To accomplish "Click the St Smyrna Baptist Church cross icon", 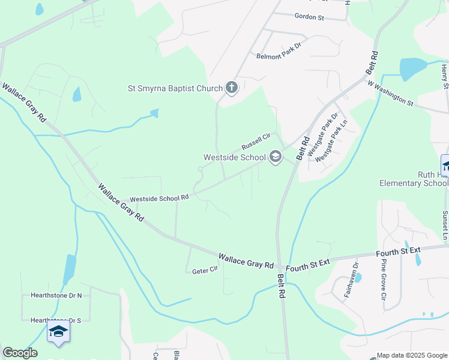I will (x=231, y=88).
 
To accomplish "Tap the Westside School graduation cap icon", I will (x=276, y=157).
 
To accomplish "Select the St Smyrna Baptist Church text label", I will (x=175, y=89).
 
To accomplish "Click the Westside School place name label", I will (x=234, y=158).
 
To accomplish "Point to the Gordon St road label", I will (x=309, y=18).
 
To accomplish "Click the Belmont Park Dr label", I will (x=282, y=56).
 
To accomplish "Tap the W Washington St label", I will (x=391, y=94).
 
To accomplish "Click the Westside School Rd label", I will (x=160, y=197).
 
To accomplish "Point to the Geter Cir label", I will (x=205, y=271).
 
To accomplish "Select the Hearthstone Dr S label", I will (x=55, y=321).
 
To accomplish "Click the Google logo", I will (x=20, y=353).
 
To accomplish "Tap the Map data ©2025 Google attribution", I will (x=411, y=355).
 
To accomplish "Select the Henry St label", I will (x=445, y=78).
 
